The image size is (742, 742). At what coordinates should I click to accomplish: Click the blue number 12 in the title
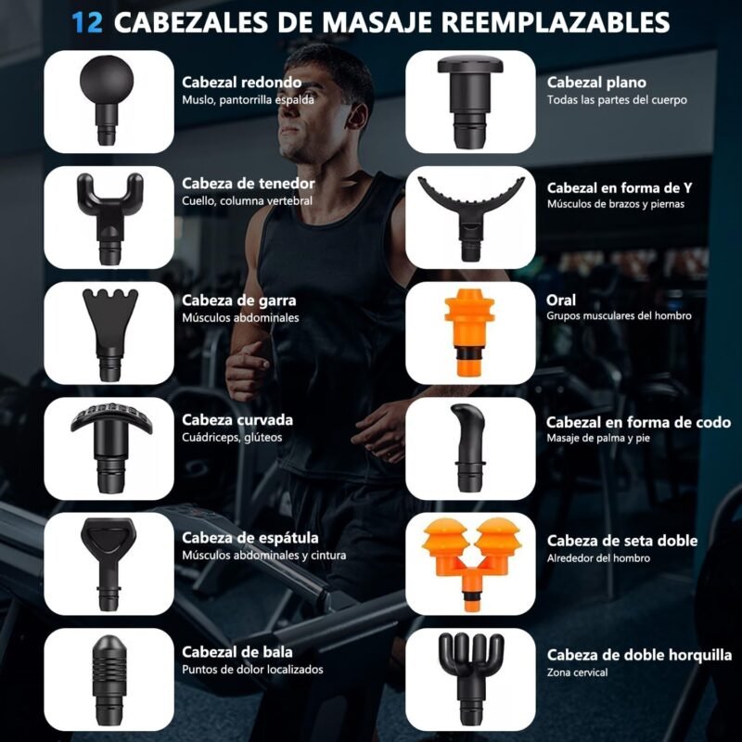(x=87, y=22)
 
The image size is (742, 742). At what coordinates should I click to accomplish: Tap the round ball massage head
(x=107, y=99)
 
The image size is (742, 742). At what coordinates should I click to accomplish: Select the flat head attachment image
(x=470, y=101)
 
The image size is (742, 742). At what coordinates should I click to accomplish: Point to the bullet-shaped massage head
(x=109, y=680)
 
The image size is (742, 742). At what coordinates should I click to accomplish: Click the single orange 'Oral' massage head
(x=469, y=333)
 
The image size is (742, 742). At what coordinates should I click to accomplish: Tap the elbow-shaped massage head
(x=469, y=448)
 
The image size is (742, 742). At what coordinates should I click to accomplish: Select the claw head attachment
(x=109, y=334)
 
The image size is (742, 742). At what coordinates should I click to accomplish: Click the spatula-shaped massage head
(x=109, y=563)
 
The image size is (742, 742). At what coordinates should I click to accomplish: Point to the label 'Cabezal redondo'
(x=242, y=83)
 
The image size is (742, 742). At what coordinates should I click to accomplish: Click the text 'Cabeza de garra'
(x=239, y=301)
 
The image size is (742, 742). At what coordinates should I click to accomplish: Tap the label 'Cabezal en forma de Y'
(x=620, y=188)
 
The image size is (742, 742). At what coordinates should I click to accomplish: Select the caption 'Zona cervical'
(x=577, y=672)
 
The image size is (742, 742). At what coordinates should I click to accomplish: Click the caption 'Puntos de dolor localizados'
(x=252, y=670)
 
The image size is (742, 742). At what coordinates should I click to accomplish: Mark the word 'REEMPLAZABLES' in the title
(x=558, y=22)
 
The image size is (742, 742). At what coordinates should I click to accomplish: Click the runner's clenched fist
(x=247, y=370)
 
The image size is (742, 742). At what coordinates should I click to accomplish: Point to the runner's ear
(x=356, y=116)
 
